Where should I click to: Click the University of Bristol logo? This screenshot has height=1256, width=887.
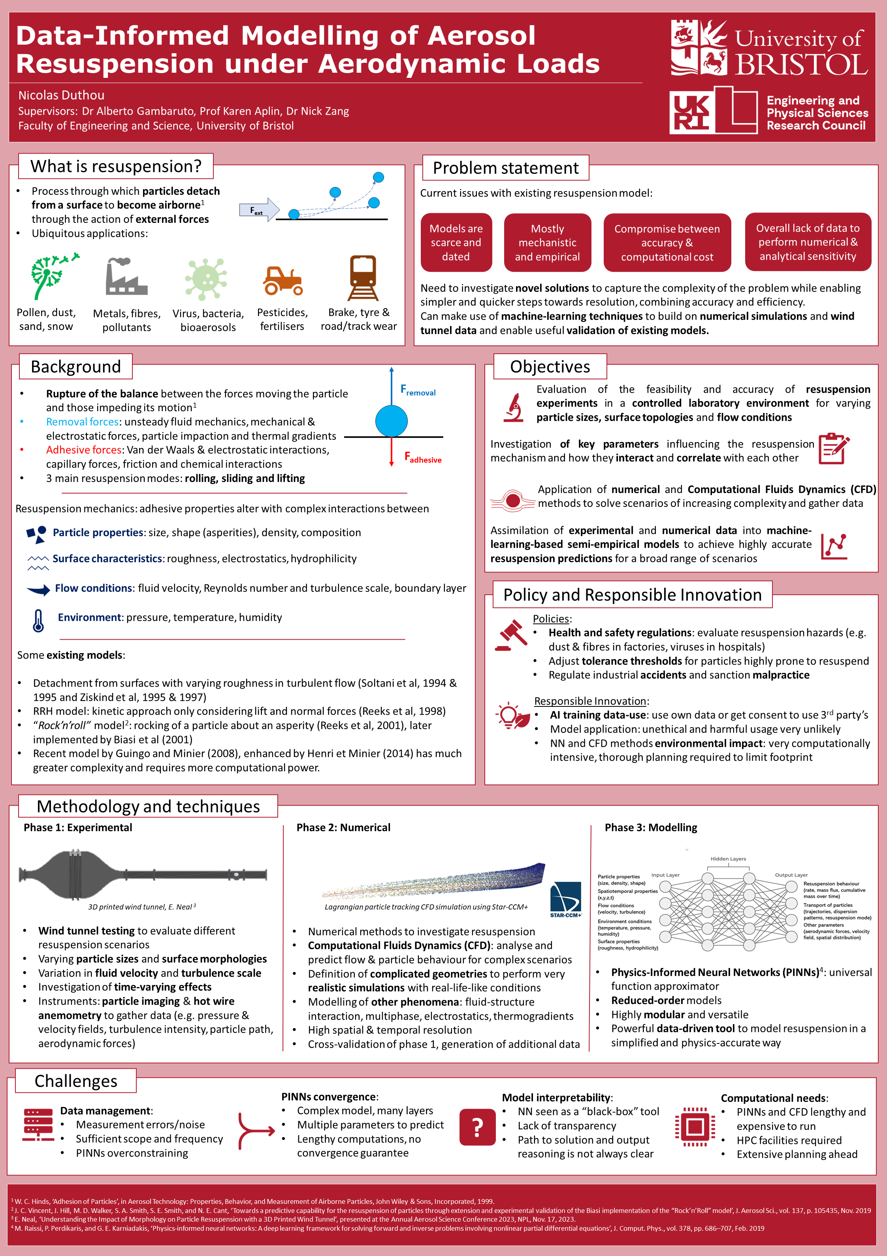pyautogui.click(x=769, y=48)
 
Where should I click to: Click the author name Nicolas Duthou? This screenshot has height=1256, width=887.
pyautogui.click(x=61, y=95)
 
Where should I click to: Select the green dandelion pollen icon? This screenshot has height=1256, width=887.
pyautogui.click(x=53, y=276)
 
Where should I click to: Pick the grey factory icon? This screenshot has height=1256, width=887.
pyautogui.click(x=126, y=277)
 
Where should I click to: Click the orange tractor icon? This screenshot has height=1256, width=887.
pyautogui.click(x=282, y=280)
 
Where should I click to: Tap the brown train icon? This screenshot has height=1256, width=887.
pyautogui.click(x=363, y=277)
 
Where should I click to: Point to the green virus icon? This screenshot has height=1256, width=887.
pyautogui.click(x=206, y=279)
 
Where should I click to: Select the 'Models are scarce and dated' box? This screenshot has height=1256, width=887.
pyautogui.click(x=456, y=242)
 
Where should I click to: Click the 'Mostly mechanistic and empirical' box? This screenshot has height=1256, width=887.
pyautogui.click(x=547, y=242)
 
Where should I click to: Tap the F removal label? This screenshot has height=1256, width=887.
pyautogui.click(x=418, y=390)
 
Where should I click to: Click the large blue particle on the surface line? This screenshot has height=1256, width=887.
pyautogui.click(x=391, y=421)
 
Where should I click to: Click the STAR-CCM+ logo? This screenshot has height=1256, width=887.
pyautogui.click(x=566, y=900)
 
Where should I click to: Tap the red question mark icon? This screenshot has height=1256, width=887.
pyautogui.click(x=477, y=1127)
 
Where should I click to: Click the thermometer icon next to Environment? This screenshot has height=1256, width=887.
pyautogui.click(x=38, y=621)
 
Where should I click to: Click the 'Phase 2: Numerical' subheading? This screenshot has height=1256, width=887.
pyautogui.click(x=343, y=827)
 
